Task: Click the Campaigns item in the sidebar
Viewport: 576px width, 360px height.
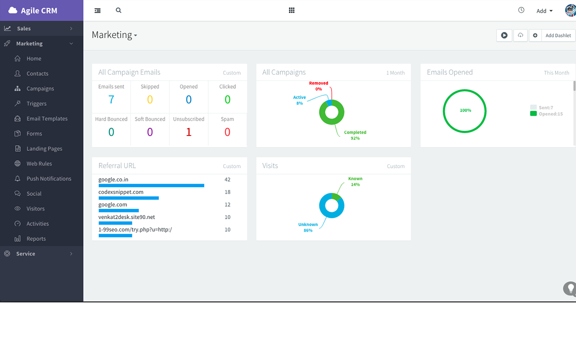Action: (40, 89)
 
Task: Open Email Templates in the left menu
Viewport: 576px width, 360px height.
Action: (47, 119)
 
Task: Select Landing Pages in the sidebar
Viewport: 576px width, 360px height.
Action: (44, 148)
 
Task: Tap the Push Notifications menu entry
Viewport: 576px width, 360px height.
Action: (49, 179)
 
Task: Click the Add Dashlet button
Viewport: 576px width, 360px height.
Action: (558, 36)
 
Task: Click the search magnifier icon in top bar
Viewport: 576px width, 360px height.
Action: (118, 10)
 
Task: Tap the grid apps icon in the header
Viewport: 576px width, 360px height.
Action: (292, 10)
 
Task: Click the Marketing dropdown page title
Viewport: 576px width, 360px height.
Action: (114, 35)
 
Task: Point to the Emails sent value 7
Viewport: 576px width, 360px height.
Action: (111, 99)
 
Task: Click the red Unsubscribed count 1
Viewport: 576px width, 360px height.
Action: (189, 132)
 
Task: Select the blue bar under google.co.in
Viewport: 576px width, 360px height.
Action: (151, 185)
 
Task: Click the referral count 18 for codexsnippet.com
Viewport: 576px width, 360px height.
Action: (227, 192)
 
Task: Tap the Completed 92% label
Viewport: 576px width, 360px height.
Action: (355, 135)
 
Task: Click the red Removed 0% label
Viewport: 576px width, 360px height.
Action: (319, 86)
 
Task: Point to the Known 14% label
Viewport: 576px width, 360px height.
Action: (355, 181)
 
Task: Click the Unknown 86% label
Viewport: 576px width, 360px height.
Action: (308, 227)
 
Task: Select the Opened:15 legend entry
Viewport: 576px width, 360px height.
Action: (550, 114)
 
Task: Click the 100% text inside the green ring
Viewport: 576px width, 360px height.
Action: (465, 110)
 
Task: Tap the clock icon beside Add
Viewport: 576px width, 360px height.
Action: (521, 10)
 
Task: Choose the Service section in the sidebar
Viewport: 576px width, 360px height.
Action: (26, 254)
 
